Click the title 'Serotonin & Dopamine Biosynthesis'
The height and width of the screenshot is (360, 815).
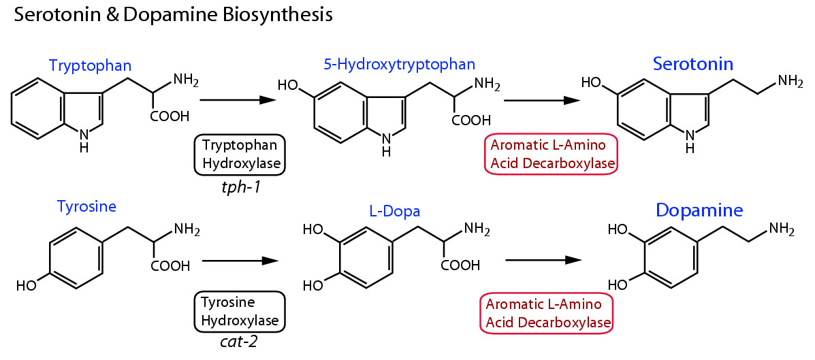173,15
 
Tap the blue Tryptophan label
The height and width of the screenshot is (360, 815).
90,65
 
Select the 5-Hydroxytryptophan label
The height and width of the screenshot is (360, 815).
400,65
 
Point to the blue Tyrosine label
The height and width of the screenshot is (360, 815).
86,207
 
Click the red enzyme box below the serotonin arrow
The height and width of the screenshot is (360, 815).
551,154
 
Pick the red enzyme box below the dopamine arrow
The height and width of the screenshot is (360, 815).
545,312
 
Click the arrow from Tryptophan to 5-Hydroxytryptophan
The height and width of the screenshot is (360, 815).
238,100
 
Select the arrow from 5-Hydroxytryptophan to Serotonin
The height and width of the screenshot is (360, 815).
542,100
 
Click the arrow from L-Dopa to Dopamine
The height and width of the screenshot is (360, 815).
543,259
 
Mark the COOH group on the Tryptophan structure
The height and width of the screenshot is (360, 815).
170,117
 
